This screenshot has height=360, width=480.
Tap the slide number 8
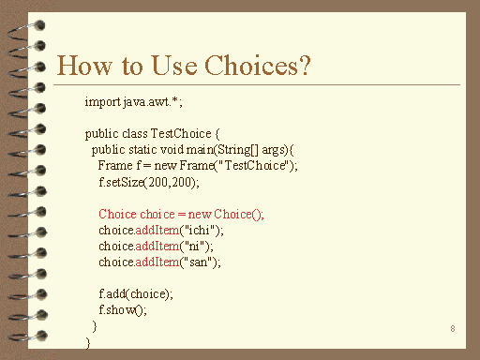click(x=453, y=328)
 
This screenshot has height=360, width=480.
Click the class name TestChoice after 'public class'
click(x=189, y=133)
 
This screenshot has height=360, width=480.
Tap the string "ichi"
click(x=202, y=230)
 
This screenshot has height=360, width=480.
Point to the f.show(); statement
click(x=123, y=309)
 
